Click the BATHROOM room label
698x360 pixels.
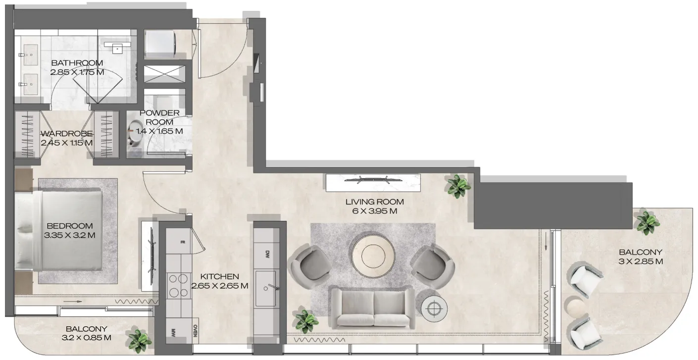pos(77,63)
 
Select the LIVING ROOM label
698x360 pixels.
pos(375,202)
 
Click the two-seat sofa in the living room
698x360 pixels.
pos(373,308)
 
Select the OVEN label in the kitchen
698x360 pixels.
pos(195,331)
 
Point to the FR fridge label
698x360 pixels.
pos(182,242)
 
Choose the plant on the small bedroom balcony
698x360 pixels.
pos(138,340)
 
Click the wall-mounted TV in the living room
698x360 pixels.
pos(372,181)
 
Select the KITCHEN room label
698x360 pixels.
pos(219,276)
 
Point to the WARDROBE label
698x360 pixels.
pos(66,134)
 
